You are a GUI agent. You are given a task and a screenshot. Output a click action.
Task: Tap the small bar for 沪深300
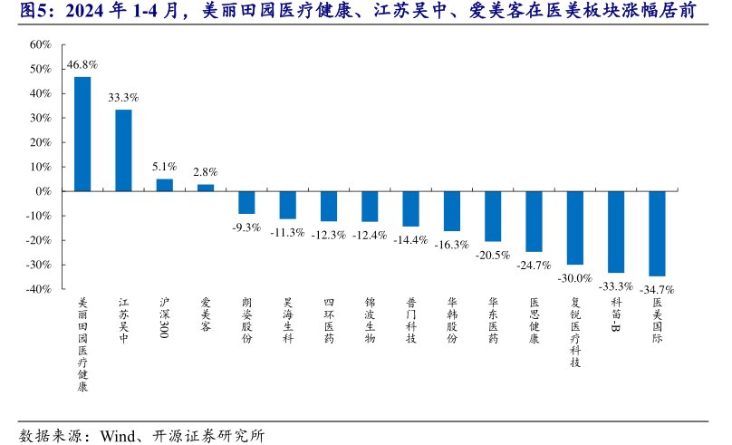[x=164, y=185]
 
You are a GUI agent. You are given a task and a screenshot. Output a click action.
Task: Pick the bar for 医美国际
[x=657, y=233]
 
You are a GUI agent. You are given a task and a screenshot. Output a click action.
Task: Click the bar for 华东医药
[x=493, y=216]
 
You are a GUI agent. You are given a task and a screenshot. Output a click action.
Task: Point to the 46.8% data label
[x=82, y=65]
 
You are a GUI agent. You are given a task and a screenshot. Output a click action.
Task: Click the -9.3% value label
[x=246, y=227]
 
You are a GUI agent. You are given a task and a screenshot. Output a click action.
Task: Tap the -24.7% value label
[x=533, y=265]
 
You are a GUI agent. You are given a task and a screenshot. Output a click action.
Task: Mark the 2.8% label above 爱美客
[x=206, y=172]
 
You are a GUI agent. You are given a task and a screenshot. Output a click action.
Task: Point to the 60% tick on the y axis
[x=40, y=44]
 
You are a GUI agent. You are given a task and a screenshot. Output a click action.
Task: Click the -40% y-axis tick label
[x=38, y=289]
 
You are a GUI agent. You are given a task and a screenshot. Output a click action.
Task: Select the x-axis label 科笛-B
[x=616, y=316]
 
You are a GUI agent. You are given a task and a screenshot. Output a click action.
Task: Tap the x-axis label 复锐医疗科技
[x=574, y=332]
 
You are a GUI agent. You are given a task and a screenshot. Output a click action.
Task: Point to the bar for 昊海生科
[x=287, y=205]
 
